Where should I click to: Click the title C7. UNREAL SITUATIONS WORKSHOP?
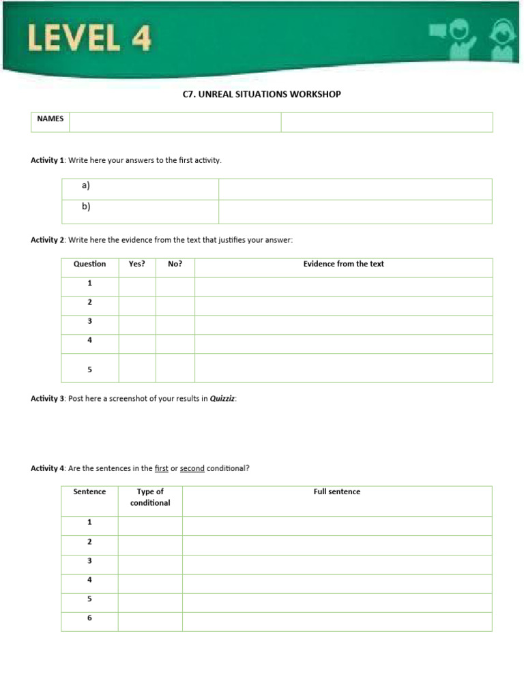click(261, 94)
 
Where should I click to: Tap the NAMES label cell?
click(50, 119)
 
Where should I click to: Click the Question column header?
click(90, 264)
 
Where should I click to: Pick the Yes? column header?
click(137, 264)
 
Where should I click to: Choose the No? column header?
click(175, 264)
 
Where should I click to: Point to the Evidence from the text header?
click(343, 264)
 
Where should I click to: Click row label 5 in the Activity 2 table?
click(90, 369)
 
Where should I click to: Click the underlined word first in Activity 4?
click(161, 468)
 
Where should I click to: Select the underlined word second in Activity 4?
click(192, 468)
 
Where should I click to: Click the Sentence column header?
click(89, 491)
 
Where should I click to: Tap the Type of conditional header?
click(150, 497)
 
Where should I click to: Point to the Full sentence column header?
click(337, 491)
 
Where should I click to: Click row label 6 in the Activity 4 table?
click(89, 618)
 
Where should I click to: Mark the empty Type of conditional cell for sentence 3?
click(150, 564)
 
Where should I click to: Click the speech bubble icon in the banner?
click(437, 31)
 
